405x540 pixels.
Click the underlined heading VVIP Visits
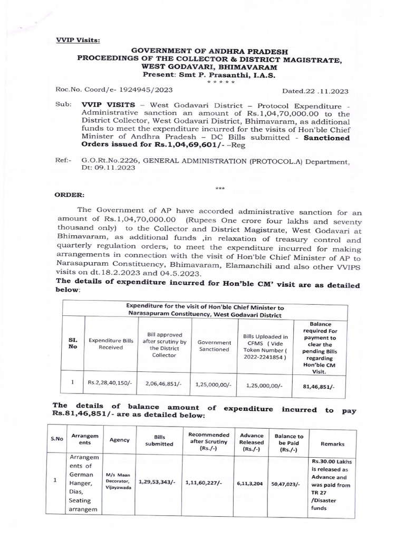click(78, 40)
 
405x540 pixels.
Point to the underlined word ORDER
click(69, 194)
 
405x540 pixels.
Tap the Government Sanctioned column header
click(214, 345)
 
